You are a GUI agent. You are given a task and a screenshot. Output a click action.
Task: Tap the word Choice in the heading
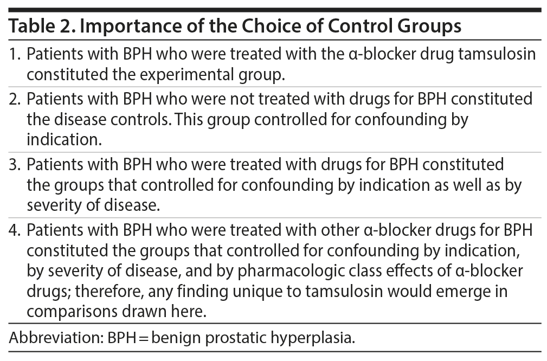pyautogui.click(x=269, y=25)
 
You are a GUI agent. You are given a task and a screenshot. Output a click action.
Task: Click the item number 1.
pyautogui.click(x=15, y=54)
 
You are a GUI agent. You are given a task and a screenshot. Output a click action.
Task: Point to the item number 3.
pyautogui.click(x=15, y=164)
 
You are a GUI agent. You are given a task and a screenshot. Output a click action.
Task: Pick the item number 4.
pyautogui.click(x=15, y=230)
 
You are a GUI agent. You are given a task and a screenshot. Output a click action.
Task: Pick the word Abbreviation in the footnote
pyautogui.click(x=56, y=338)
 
